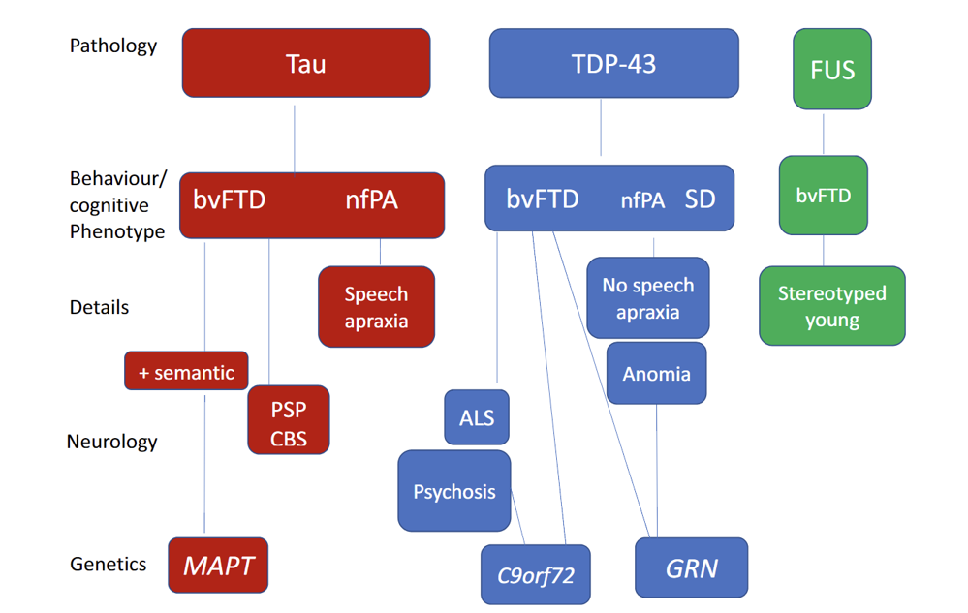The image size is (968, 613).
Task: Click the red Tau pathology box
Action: coord(306,63)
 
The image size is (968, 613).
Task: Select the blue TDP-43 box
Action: coord(613,63)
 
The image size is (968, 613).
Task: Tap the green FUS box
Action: coord(832,69)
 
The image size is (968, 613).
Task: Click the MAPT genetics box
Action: coord(218,565)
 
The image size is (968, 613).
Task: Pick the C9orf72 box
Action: coord(535,575)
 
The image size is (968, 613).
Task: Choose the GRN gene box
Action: coord(692,567)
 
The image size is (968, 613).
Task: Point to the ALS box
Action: coord(477,417)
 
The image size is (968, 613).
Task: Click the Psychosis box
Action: coord(454,491)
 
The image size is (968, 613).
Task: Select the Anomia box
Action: coord(656,373)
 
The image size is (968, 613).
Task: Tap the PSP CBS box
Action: coord(289,420)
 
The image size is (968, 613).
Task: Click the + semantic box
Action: coord(186,371)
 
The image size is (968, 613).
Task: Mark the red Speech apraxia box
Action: coord(377,307)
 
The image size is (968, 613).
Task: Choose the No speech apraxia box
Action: coord(648,298)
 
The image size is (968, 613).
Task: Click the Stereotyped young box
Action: coord(832,306)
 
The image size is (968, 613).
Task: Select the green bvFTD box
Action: coord(824,196)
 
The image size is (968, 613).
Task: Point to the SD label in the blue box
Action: coord(700,199)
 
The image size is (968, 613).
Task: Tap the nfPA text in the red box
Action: coord(372,199)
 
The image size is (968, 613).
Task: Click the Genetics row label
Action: coord(108,564)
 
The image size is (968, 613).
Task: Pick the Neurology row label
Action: coord(111,442)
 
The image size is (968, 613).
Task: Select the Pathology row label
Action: coord(113,46)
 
